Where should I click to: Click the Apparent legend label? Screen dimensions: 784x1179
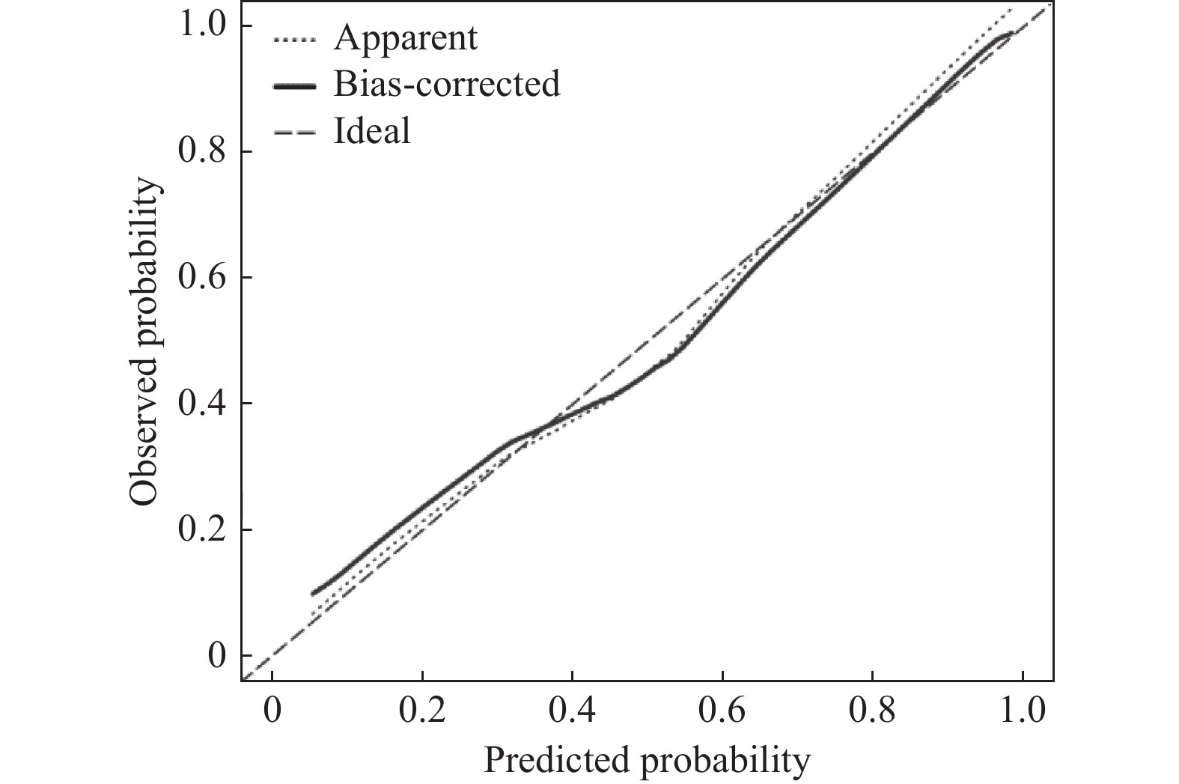pyautogui.click(x=405, y=37)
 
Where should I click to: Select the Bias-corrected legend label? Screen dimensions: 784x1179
pyautogui.click(x=446, y=83)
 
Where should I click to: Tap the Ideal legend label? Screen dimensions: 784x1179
pyautogui.click(x=372, y=131)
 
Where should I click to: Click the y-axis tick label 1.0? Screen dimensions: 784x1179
pyautogui.click(x=201, y=25)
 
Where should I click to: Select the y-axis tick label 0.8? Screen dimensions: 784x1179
pyautogui.click(x=201, y=151)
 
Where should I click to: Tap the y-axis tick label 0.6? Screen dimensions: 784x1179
pyautogui.click(x=201, y=278)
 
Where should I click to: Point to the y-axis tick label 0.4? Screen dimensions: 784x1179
pyautogui.click(x=201, y=404)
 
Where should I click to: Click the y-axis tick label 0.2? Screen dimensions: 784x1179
pyautogui.click(x=201, y=529)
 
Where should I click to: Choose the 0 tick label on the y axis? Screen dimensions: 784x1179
pyautogui.click(x=217, y=656)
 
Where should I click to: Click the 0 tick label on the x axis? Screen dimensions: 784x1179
pyautogui.click(x=272, y=711)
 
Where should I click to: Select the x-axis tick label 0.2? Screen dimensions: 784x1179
pyautogui.click(x=422, y=711)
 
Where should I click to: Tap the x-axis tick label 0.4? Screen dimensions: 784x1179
pyautogui.click(x=572, y=711)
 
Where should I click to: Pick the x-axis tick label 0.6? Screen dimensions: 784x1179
pyautogui.click(x=722, y=711)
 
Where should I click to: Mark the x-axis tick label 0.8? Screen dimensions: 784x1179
pyautogui.click(x=872, y=711)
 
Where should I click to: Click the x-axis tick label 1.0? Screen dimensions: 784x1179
pyautogui.click(x=1022, y=711)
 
